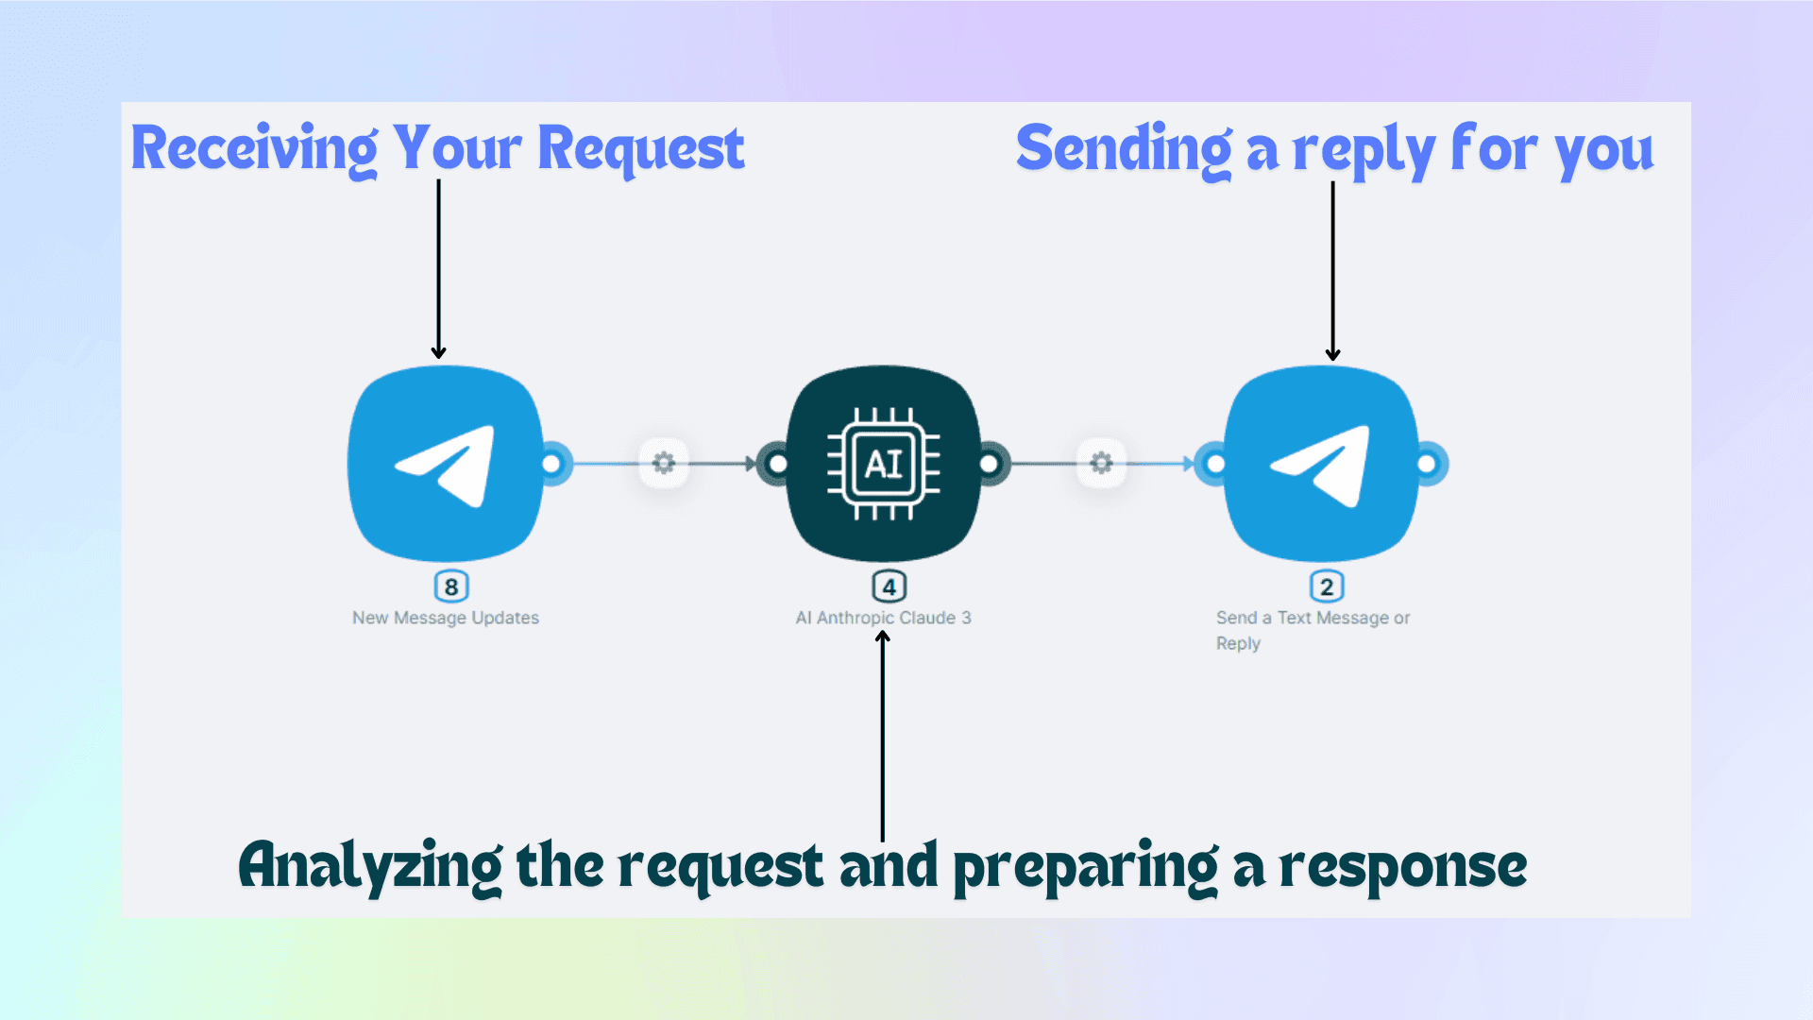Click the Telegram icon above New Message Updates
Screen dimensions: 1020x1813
[x=446, y=464]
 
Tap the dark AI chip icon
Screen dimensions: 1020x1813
[x=884, y=464]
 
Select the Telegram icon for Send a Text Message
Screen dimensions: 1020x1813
[x=1322, y=464]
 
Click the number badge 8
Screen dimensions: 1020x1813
[x=451, y=586]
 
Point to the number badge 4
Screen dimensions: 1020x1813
[x=889, y=586]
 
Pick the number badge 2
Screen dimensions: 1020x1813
[x=1327, y=586]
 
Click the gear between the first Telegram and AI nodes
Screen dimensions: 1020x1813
[x=664, y=463]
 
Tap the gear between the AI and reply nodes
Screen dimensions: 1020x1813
[x=1101, y=463]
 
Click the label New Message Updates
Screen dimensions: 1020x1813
[x=446, y=618]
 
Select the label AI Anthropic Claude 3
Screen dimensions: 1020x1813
[x=883, y=618]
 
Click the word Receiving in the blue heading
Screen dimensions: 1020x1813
[x=254, y=149]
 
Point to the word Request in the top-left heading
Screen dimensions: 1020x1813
[x=640, y=149]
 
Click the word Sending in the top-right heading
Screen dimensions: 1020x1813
[x=1124, y=149]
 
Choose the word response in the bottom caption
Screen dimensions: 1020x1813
[x=1402, y=866]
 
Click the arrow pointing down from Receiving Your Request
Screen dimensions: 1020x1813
[x=438, y=269]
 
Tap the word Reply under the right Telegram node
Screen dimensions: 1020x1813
[x=1238, y=643]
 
